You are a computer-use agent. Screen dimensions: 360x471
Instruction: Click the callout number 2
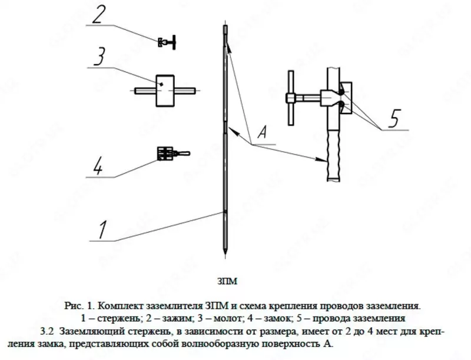point(101,14)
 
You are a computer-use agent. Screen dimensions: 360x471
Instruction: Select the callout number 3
point(101,58)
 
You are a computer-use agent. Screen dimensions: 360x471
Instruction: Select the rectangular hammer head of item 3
point(165,90)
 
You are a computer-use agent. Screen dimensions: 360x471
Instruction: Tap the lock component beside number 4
point(167,154)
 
